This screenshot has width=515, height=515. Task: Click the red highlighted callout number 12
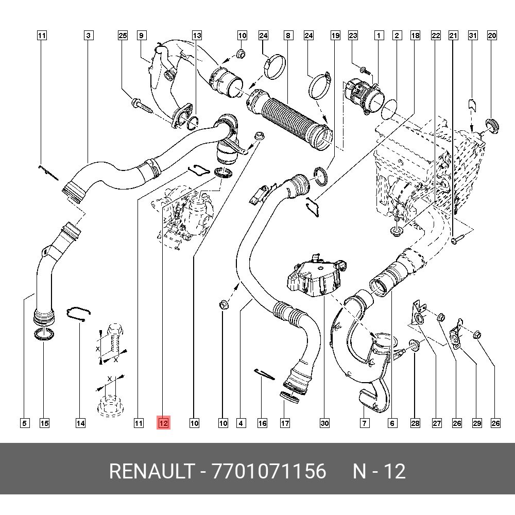point(163,423)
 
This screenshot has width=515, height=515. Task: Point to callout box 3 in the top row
point(89,36)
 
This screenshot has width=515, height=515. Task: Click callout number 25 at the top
point(123,36)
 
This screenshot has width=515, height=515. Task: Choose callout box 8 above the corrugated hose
point(288,36)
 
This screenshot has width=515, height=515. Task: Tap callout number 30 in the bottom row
point(324,423)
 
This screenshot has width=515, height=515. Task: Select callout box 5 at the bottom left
point(24,423)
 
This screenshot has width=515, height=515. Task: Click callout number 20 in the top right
point(492,36)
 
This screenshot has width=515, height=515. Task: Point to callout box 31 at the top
point(473,36)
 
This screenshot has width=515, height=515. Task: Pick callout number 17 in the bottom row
point(285,423)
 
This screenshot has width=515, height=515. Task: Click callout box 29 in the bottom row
point(477,423)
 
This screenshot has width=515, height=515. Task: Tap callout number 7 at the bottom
point(364,423)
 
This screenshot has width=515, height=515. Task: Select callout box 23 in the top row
point(353,36)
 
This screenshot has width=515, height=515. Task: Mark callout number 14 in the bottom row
point(80,423)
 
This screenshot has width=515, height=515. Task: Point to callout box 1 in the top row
point(379,36)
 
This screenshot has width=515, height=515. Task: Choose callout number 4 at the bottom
point(241,423)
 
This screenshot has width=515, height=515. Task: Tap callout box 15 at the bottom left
point(45,423)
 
